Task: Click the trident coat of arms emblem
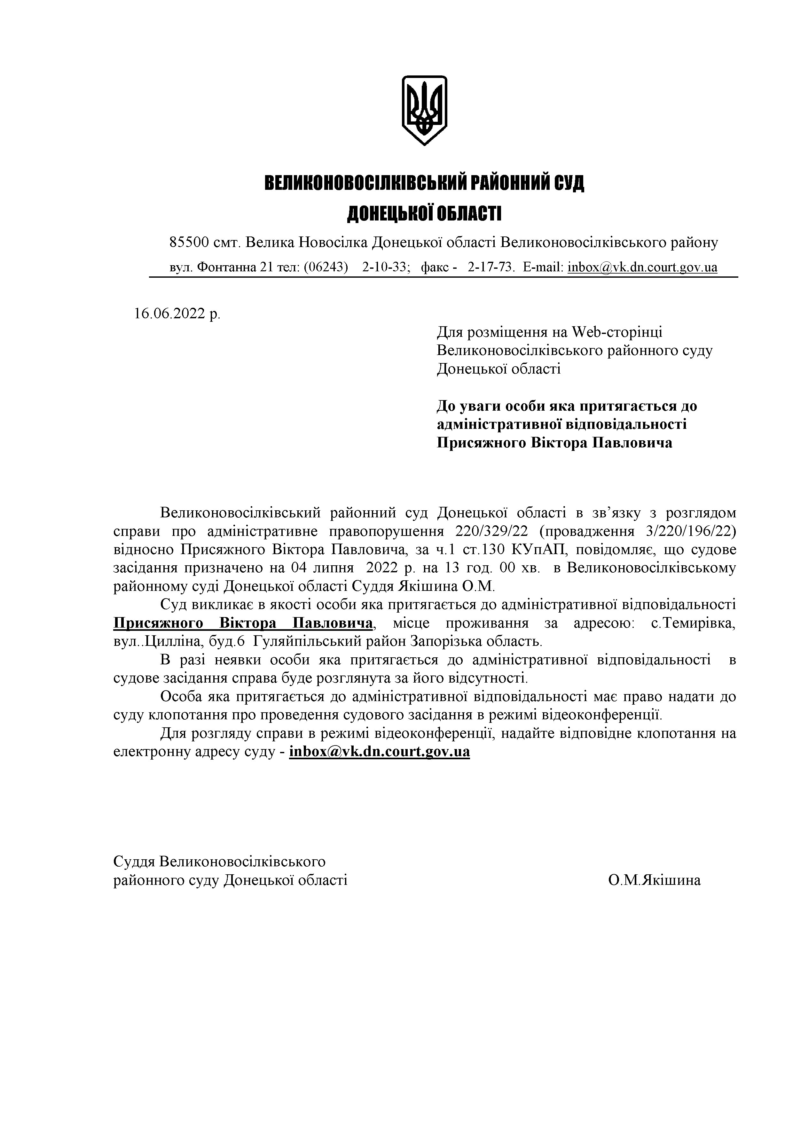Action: pos(424,110)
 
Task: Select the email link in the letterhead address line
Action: pos(642,267)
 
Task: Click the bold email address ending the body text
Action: pos(379,751)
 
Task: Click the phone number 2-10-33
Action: pos(385,267)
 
